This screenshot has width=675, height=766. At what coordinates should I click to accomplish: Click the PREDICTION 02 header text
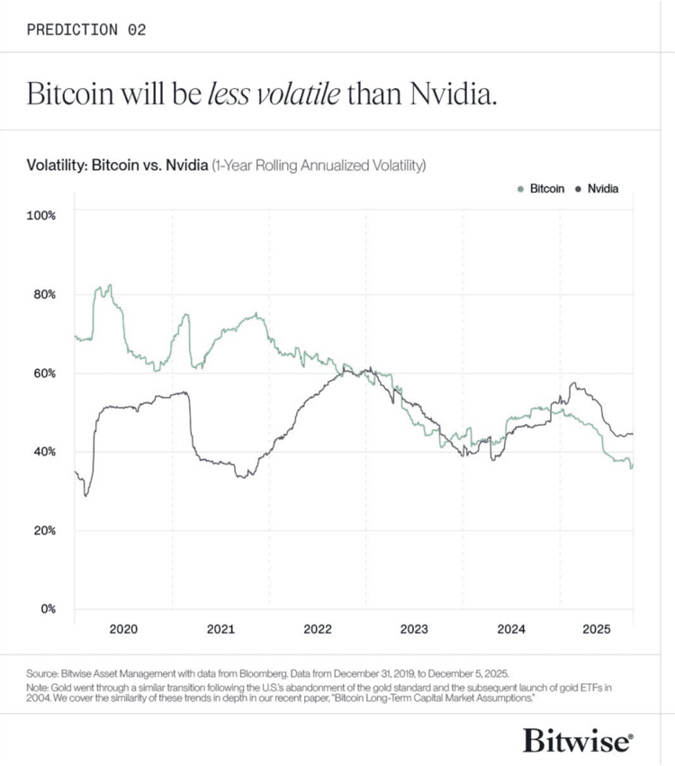coord(86,29)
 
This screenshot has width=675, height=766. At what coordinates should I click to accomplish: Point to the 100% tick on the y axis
coord(41,215)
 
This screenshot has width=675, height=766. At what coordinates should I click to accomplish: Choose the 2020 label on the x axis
coord(123,629)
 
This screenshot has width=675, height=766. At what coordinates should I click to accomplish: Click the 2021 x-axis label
coord(220,629)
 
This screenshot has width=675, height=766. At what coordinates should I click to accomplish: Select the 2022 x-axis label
coord(318,629)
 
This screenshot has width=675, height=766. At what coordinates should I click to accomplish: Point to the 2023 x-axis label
coord(414,629)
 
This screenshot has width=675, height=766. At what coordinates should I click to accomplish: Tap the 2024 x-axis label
coord(511,629)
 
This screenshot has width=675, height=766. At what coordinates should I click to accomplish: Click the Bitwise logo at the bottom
coord(578,740)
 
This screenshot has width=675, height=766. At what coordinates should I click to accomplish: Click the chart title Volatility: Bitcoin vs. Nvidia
coord(117,166)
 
